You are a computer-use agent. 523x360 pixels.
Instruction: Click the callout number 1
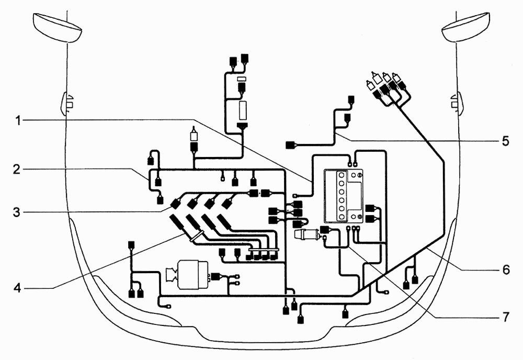point(19,120)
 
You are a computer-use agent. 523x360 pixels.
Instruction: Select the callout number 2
point(17,170)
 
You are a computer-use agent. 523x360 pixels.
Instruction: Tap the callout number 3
point(17,212)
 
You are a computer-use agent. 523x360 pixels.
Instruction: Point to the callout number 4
point(17,288)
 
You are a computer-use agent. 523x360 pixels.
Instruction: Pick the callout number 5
point(506,141)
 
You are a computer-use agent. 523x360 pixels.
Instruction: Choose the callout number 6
point(506,269)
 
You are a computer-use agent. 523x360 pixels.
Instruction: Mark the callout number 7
point(506,317)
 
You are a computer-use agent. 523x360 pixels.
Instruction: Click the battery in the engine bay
point(344,196)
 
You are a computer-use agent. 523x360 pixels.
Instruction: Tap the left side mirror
point(58,28)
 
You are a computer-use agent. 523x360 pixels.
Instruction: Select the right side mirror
point(465,28)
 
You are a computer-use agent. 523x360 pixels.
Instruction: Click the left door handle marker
point(67,104)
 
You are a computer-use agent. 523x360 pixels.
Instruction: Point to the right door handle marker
point(456,104)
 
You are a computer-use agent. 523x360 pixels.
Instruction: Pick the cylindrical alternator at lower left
point(191,275)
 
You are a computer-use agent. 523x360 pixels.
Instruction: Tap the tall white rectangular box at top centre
point(243,110)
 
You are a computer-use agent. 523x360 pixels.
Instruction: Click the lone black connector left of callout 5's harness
point(290,145)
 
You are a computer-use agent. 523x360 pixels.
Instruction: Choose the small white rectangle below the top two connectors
point(242,79)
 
